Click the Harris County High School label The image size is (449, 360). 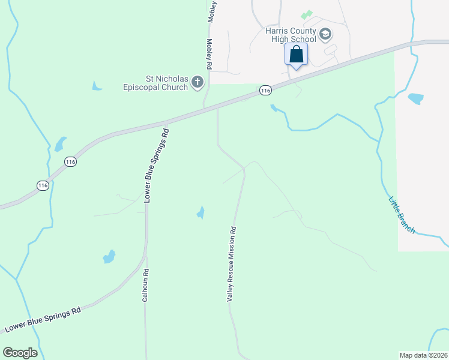291,34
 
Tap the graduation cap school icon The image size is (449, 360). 325,34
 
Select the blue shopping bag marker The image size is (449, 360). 296,55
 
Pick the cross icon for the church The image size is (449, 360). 197,83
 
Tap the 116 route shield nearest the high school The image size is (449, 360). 266,90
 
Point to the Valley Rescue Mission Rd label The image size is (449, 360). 232,264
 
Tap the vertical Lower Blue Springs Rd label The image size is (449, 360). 156,164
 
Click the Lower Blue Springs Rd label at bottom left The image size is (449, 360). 43,320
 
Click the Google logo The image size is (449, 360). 20,353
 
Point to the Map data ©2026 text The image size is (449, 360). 423,355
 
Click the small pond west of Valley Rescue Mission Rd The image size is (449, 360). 200,212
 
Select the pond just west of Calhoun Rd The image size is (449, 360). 109,257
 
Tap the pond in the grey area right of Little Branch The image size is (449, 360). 415,99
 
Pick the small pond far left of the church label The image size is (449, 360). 96,86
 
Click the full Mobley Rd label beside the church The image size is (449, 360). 209,53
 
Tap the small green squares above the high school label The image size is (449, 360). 307,14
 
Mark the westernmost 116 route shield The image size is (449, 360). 42,185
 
